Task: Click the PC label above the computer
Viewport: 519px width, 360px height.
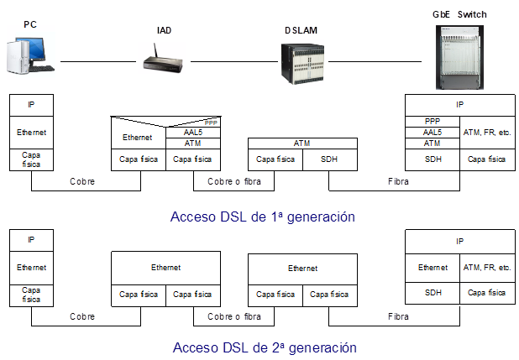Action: (x=29, y=25)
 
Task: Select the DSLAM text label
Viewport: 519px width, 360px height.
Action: (x=301, y=30)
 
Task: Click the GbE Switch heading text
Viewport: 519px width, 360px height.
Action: (x=460, y=14)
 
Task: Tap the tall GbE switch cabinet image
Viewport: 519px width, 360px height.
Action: (x=460, y=57)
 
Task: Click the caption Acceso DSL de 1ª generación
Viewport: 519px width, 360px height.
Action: (x=262, y=217)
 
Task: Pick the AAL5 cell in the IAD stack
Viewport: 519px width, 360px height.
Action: (x=192, y=132)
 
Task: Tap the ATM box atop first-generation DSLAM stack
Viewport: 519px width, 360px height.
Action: (x=301, y=143)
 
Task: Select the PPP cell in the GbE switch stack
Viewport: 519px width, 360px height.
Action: (x=432, y=122)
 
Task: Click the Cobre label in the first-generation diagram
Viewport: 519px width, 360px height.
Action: (x=82, y=180)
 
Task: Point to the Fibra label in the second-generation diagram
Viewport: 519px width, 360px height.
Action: (x=398, y=317)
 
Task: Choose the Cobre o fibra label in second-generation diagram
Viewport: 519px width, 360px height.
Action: (x=233, y=317)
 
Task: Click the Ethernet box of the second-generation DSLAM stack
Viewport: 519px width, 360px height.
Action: (x=301, y=269)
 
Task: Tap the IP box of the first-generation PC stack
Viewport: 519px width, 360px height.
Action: (x=32, y=105)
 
